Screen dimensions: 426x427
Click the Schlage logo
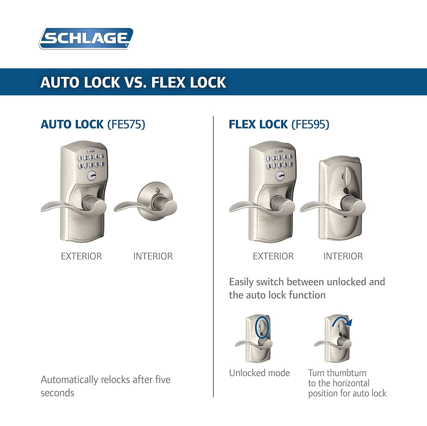tap(86, 38)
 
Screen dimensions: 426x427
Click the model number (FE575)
tap(126, 124)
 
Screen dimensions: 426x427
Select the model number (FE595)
tap(311, 124)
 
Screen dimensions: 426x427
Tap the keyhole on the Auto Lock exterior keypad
tap(92, 176)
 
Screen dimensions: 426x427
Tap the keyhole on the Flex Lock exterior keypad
tap(280, 176)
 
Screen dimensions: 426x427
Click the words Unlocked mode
tap(259, 373)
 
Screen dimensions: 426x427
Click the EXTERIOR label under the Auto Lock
tap(81, 256)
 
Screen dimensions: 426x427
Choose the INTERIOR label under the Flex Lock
tap(343, 256)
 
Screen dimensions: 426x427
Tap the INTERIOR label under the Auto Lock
tap(153, 256)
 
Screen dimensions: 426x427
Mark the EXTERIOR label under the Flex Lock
tap(273, 256)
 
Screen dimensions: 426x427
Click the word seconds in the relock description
tap(57, 393)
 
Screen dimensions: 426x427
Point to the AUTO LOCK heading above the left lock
tap(72, 124)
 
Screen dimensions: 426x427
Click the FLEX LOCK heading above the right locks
tap(258, 124)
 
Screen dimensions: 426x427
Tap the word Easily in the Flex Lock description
tap(241, 282)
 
